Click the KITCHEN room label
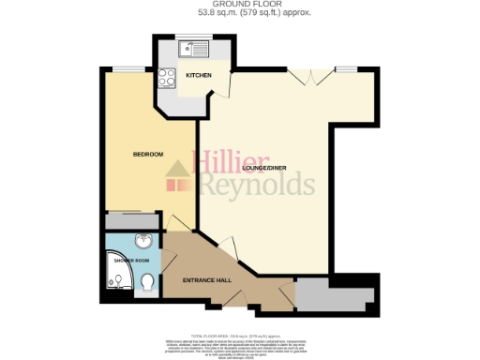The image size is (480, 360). [x=198, y=75]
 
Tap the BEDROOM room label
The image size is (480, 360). [x=147, y=154]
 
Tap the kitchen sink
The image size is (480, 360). [x=197, y=48]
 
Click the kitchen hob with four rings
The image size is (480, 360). [x=169, y=78]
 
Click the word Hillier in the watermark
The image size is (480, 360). [x=232, y=160]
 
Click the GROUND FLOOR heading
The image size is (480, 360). [x=239, y=6]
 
